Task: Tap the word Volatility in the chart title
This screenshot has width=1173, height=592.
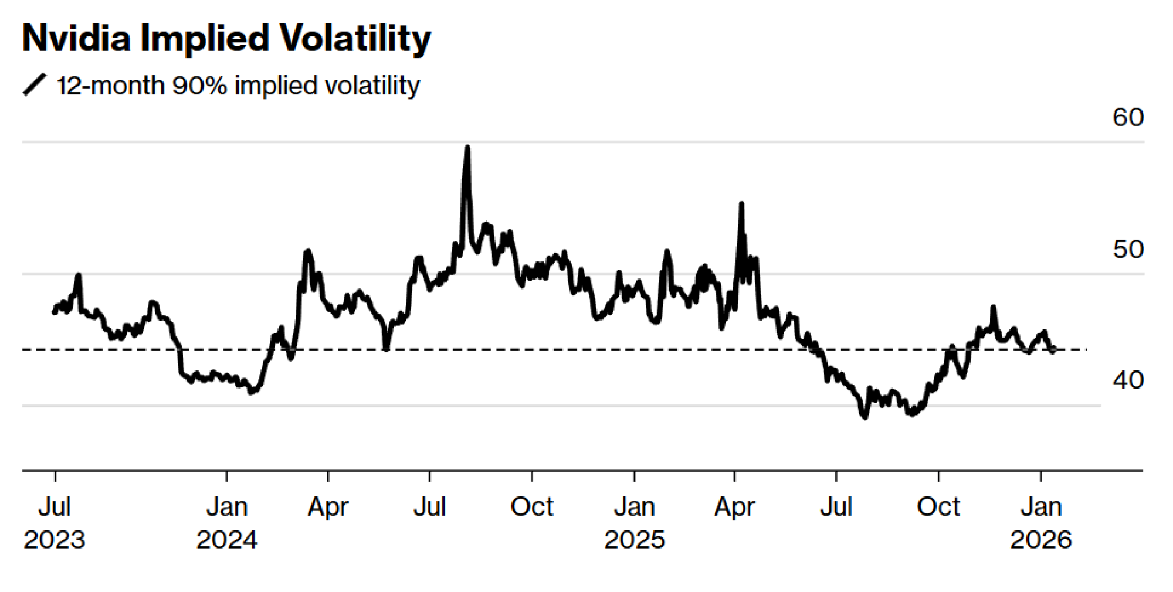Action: pyautogui.click(x=355, y=39)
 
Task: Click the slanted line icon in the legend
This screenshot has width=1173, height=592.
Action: pyautogui.click(x=34, y=85)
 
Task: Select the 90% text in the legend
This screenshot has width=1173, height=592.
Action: pyautogui.click(x=199, y=86)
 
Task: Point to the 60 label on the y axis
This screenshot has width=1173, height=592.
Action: pyautogui.click(x=1127, y=118)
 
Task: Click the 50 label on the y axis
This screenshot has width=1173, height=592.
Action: pyautogui.click(x=1127, y=250)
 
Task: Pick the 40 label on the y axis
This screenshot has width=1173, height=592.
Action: pyautogui.click(x=1127, y=380)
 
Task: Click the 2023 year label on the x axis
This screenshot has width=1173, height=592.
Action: pyautogui.click(x=54, y=540)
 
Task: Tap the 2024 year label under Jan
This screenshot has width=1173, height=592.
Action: pyautogui.click(x=226, y=540)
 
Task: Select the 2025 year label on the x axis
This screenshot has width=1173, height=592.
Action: pyautogui.click(x=634, y=540)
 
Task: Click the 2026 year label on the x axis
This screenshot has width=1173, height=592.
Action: pyautogui.click(x=1040, y=540)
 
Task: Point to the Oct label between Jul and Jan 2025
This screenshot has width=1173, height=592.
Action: pyautogui.click(x=531, y=507)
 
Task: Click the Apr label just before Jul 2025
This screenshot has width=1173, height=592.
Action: pyautogui.click(x=734, y=507)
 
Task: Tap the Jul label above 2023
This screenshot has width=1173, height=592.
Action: pyautogui.click(x=54, y=507)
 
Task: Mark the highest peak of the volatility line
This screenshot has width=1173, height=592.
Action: pyautogui.click(x=467, y=147)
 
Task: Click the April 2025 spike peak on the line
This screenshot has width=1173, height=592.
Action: pyautogui.click(x=741, y=204)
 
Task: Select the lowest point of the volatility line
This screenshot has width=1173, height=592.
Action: pyautogui.click(x=865, y=417)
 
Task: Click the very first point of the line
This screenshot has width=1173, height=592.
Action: pyautogui.click(x=54, y=312)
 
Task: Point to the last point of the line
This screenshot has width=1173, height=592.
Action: pyautogui.click(x=1054, y=351)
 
